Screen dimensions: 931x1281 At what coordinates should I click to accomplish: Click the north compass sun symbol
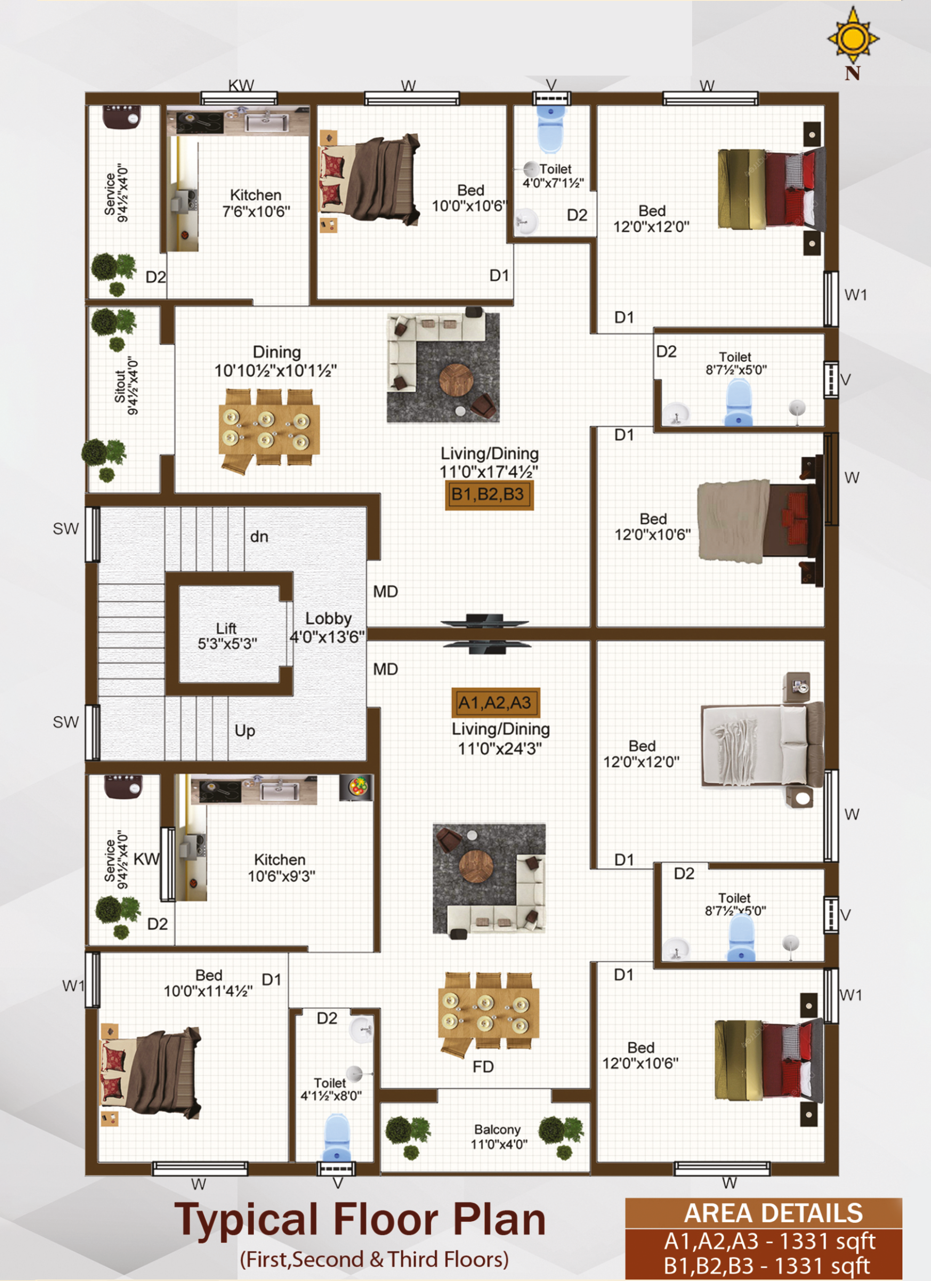click(x=853, y=37)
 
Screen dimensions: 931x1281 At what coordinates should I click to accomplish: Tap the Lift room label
click(x=227, y=636)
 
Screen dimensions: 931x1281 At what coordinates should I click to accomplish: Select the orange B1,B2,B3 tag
click(x=489, y=495)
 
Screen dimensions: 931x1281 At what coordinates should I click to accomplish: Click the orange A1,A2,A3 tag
click(x=496, y=702)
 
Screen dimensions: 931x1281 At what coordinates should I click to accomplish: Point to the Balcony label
click(x=499, y=1136)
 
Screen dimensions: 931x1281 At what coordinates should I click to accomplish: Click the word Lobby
click(x=328, y=619)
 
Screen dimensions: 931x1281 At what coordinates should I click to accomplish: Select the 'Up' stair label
click(x=245, y=731)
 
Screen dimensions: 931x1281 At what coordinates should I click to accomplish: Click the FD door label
click(x=483, y=1067)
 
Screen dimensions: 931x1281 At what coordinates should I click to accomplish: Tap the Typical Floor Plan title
click(x=360, y=1219)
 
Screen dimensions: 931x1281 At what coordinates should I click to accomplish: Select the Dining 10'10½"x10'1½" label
click(x=276, y=361)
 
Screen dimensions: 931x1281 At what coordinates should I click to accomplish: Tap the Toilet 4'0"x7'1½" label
click(x=553, y=176)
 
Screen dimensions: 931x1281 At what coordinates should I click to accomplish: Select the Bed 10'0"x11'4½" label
click(x=208, y=984)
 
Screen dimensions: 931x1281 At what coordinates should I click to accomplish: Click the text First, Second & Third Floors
click(x=374, y=1260)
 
